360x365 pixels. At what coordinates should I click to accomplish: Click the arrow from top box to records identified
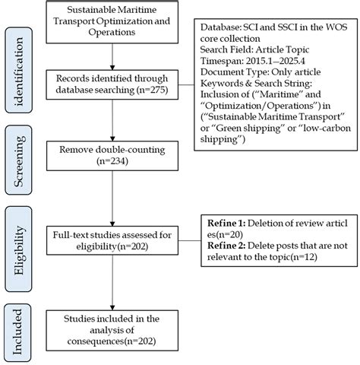(112, 59)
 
